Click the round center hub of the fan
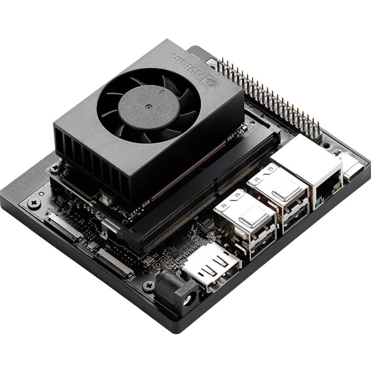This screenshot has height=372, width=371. tap(148, 106)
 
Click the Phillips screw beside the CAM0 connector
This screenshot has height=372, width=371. tap(33, 203)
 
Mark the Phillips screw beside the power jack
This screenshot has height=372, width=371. tap(149, 286)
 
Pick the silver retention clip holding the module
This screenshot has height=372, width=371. tap(108, 225)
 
